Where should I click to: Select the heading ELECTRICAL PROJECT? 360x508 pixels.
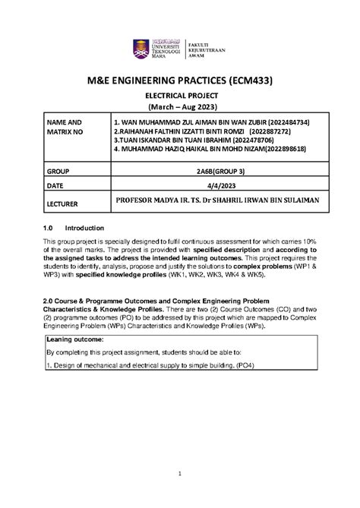[x=179, y=97]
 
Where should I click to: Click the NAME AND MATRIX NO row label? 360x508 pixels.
[x=63, y=126]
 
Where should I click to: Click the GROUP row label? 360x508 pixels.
[x=58, y=172]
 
